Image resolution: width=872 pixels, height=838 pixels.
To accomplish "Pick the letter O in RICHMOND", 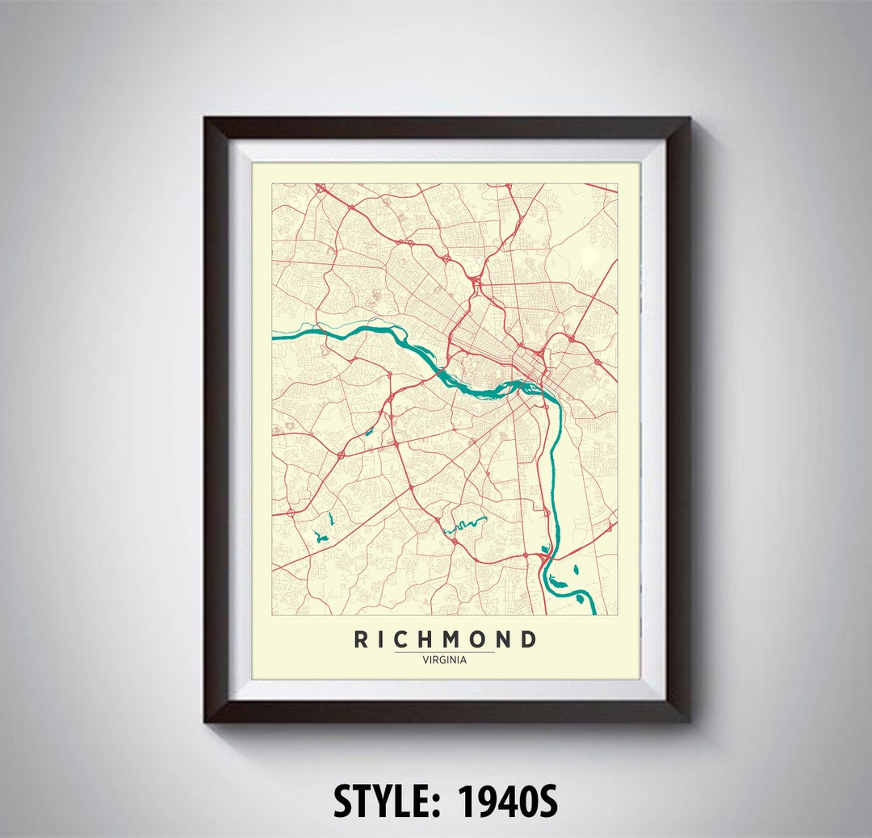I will [482, 639].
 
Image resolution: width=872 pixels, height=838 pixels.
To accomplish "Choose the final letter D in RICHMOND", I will [529, 639].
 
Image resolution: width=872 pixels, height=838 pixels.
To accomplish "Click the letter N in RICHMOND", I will [506, 639].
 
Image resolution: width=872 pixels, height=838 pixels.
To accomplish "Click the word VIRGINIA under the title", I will [444, 660].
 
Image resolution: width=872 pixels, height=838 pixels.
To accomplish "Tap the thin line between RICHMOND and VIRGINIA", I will [444, 652].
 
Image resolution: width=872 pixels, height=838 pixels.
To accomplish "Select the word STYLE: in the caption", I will [388, 801].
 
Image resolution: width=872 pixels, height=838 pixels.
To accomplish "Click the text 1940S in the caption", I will [508, 801].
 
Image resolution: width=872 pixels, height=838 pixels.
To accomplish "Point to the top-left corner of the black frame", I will [206, 119].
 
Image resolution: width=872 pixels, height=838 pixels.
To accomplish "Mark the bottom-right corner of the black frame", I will [689, 719].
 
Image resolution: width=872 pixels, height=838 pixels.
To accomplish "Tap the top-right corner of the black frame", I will [689, 119].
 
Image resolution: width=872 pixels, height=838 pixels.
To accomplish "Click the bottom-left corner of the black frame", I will [206, 719].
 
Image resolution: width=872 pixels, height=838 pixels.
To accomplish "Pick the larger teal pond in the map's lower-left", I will [322, 536].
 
